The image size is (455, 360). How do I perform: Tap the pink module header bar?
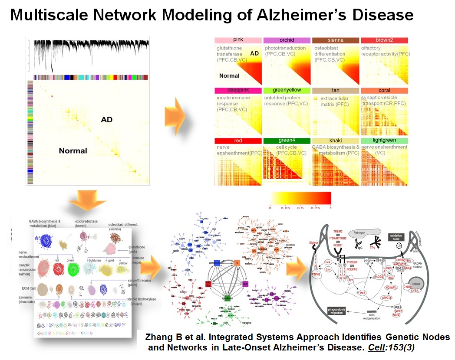click(x=238, y=40)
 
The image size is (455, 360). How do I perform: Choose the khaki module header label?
click(x=335, y=141)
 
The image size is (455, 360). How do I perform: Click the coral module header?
click(x=384, y=91)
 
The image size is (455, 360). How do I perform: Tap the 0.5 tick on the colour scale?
click(x=300, y=208)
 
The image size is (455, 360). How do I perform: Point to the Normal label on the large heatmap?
click(x=73, y=151)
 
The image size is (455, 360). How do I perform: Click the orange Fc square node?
click(x=237, y=263)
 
